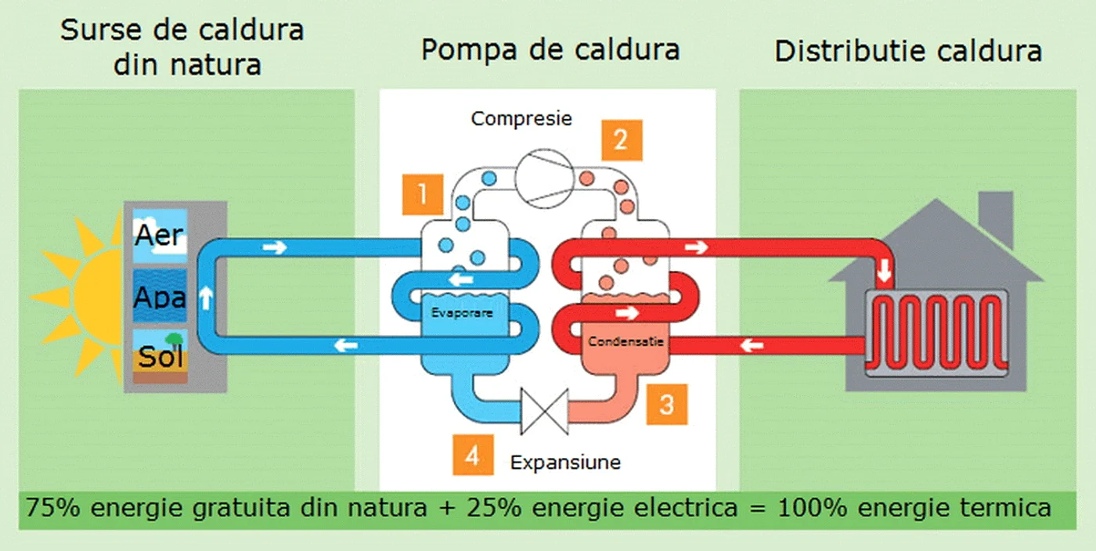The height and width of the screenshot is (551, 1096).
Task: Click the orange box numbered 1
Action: click(423, 194)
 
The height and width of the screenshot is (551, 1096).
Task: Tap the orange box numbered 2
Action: click(622, 140)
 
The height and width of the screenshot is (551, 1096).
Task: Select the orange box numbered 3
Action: click(667, 404)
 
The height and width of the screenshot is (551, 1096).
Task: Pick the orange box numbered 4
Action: click(473, 455)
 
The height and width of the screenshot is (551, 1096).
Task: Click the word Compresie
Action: click(521, 119)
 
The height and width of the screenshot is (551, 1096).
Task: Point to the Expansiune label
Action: click(565, 462)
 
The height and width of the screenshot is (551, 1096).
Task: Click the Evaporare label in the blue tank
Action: click(462, 313)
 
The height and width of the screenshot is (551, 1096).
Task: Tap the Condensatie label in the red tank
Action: click(626, 341)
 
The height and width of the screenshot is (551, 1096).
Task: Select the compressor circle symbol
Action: click(545, 178)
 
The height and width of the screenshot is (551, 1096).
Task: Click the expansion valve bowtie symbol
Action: click(545, 412)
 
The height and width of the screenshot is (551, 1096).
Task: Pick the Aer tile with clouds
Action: click(160, 236)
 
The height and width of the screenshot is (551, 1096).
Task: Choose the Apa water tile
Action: click(160, 296)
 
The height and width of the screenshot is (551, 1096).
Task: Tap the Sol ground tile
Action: click(160, 356)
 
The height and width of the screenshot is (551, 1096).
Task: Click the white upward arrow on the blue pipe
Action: click(207, 298)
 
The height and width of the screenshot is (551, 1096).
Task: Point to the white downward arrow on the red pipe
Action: click(884, 270)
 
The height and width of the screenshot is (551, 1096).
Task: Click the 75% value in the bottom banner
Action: click(53, 507)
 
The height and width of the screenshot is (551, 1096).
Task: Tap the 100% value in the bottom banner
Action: click(813, 507)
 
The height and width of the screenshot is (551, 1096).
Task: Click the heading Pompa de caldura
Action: click(550, 50)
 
